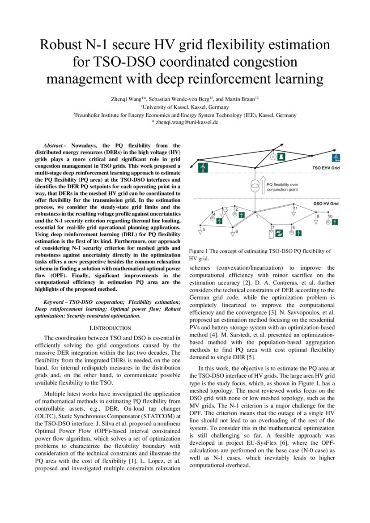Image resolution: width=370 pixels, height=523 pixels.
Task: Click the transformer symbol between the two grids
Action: tap(255, 185)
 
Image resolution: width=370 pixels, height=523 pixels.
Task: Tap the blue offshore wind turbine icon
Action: tap(336, 157)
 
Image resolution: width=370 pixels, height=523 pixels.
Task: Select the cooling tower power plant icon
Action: tap(281, 157)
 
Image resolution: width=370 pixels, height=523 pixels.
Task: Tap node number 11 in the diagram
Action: tap(295, 208)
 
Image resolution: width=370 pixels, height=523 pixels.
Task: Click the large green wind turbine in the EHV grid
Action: tap(203, 167)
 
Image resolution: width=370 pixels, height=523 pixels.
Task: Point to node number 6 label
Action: tap(236, 232)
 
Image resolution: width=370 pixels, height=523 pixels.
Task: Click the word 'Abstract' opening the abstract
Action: tap(53, 145)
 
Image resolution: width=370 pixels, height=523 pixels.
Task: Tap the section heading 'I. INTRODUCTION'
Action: tap(111, 328)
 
